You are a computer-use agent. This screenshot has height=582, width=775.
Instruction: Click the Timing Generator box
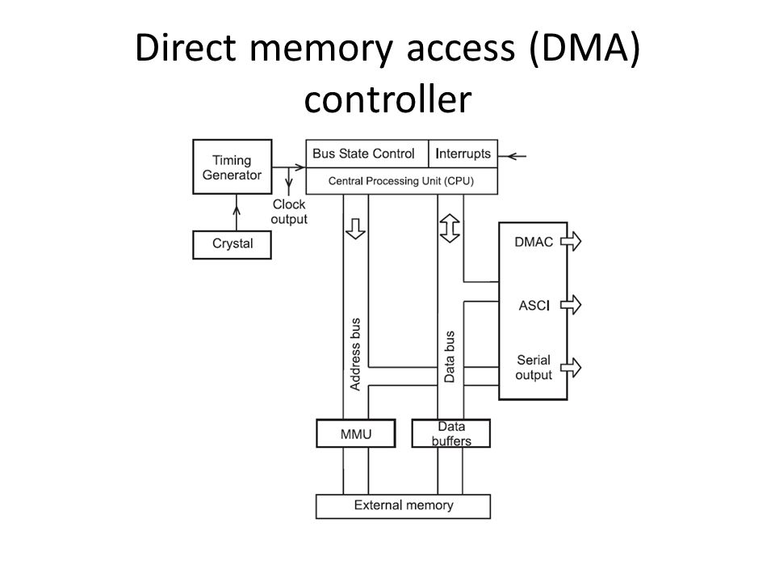click(232, 167)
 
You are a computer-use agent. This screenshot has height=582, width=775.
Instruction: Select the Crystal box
click(232, 244)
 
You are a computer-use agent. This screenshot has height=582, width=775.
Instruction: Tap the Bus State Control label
click(363, 154)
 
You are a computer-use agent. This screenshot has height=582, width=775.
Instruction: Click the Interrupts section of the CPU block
click(463, 154)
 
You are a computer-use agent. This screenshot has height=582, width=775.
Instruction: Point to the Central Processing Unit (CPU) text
click(401, 181)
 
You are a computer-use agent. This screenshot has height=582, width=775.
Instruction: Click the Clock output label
click(289, 212)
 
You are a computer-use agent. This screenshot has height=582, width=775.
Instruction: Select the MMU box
click(356, 433)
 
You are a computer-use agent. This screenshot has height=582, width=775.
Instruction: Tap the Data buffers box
click(451, 433)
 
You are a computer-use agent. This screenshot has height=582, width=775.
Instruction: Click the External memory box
click(404, 506)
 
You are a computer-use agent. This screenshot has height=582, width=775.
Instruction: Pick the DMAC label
click(534, 242)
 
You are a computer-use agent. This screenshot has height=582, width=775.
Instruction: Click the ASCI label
click(534, 306)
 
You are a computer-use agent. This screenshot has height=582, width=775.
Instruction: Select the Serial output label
click(534, 367)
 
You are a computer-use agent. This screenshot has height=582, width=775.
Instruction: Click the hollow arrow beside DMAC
click(572, 242)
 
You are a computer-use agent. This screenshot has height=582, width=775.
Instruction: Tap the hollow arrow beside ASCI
click(572, 305)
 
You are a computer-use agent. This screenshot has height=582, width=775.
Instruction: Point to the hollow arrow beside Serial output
click(572, 368)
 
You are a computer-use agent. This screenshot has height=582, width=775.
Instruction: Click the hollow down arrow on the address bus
click(355, 229)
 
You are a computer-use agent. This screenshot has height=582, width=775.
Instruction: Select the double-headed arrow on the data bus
click(450, 228)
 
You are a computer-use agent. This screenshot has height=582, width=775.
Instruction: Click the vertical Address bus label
click(355, 354)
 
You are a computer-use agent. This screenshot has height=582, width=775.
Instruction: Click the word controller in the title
click(388, 99)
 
